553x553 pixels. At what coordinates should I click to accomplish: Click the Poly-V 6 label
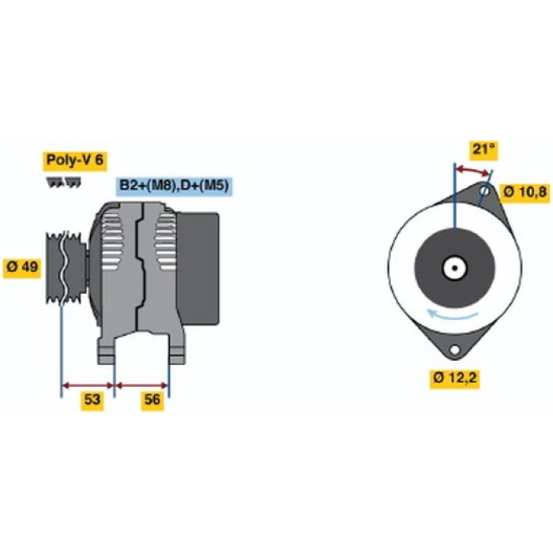[75, 160]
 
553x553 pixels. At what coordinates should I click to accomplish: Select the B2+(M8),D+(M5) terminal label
[175, 186]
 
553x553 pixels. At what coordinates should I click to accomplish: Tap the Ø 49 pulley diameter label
[22, 267]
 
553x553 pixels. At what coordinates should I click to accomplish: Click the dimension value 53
[92, 400]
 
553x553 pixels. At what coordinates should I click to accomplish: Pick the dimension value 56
[152, 400]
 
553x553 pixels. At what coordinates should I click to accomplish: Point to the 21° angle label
[483, 149]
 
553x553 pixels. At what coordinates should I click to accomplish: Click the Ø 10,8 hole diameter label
[525, 193]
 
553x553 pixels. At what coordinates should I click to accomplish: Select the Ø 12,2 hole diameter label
[454, 378]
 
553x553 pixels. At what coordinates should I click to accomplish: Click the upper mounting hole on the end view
[485, 191]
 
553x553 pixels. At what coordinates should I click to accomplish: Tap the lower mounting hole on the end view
[455, 350]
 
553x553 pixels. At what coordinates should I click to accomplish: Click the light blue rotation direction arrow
[452, 316]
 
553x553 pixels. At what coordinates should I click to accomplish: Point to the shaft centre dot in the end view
[455, 268]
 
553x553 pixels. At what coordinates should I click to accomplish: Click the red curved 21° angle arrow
[472, 170]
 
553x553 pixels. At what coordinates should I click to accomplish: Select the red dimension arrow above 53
[88, 386]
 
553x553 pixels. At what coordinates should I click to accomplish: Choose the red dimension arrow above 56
[141, 386]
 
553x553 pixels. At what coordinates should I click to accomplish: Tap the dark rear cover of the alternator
[197, 269]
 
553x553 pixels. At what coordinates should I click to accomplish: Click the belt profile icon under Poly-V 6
[63, 182]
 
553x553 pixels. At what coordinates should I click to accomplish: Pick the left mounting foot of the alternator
[106, 351]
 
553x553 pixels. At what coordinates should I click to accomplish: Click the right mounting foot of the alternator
[176, 351]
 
